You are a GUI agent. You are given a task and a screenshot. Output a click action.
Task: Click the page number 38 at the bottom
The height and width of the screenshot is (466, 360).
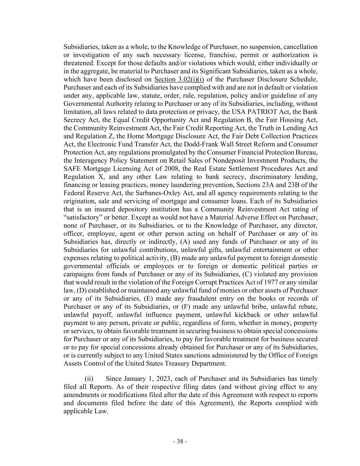point(180,441)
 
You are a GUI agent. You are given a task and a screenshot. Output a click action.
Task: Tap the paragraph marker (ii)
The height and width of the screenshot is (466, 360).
point(89,379)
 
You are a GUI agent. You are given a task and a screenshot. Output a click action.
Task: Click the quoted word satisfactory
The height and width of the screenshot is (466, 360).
point(82,217)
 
